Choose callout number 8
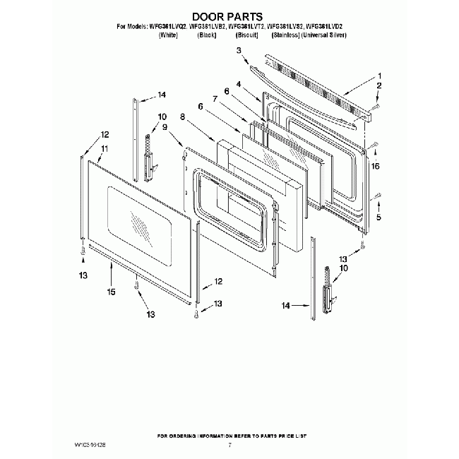(x=182, y=117)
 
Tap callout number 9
(x=165, y=127)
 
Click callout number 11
(x=104, y=148)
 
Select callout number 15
(x=109, y=291)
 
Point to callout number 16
(x=376, y=166)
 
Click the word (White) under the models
(x=168, y=34)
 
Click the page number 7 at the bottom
(x=229, y=445)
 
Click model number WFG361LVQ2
(x=168, y=26)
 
